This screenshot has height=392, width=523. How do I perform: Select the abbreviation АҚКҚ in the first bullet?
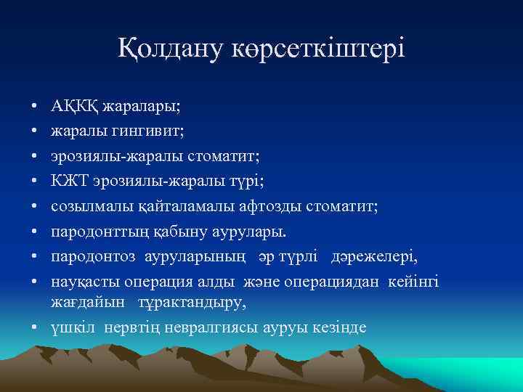(x=76, y=107)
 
